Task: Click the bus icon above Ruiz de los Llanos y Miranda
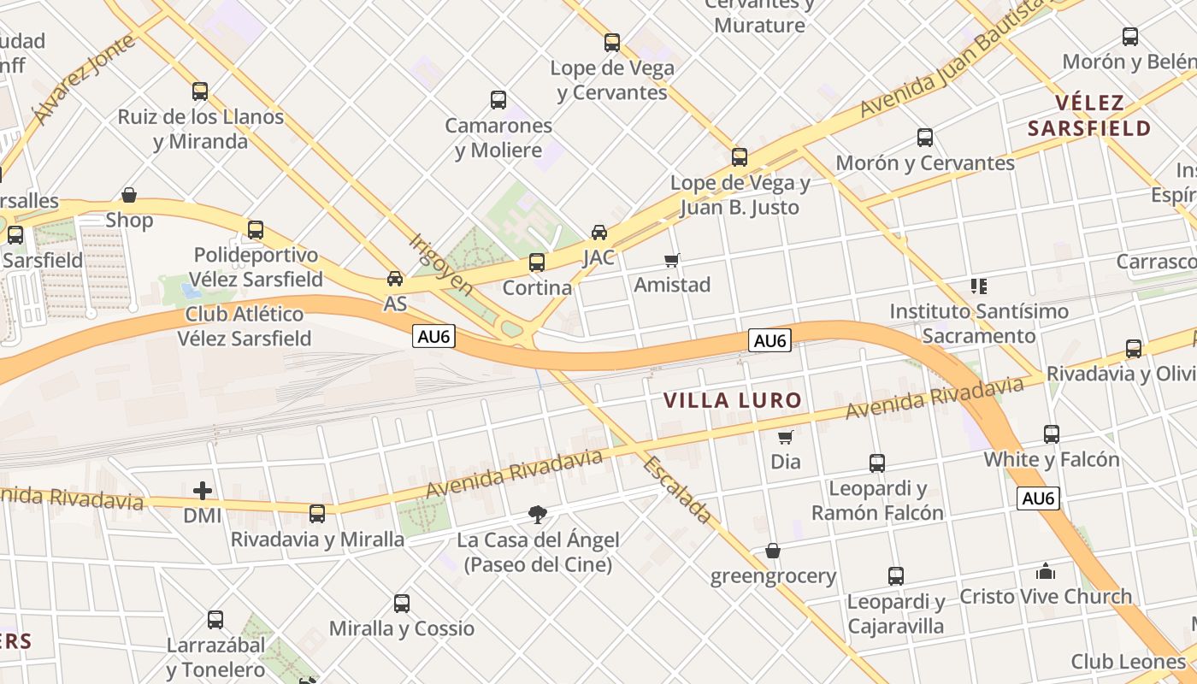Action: tap(200, 91)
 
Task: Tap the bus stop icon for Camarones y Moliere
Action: tap(498, 100)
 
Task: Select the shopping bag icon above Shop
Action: tap(129, 195)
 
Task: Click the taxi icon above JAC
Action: tap(599, 232)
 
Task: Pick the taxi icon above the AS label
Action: tap(395, 279)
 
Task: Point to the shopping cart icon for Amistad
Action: tap(672, 260)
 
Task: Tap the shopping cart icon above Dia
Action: tap(786, 437)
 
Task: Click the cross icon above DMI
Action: tap(203, 491)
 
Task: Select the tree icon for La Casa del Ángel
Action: tap(538, 515)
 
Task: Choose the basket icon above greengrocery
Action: tap(773, 551)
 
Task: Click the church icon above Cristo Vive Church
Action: tap(1046, 571)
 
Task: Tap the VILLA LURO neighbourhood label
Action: tap(733, 400)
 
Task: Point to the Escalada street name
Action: tap(677, 490)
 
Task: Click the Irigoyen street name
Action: tap(441, 265)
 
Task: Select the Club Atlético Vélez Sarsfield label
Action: tap(245, 327)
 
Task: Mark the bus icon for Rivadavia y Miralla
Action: tap(317, 513)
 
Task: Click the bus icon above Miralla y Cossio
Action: tap(402, 604)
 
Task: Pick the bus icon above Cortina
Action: tap(537, 262)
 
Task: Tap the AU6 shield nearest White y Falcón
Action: tap(1038, 498)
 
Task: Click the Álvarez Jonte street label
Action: tap(83, 78)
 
